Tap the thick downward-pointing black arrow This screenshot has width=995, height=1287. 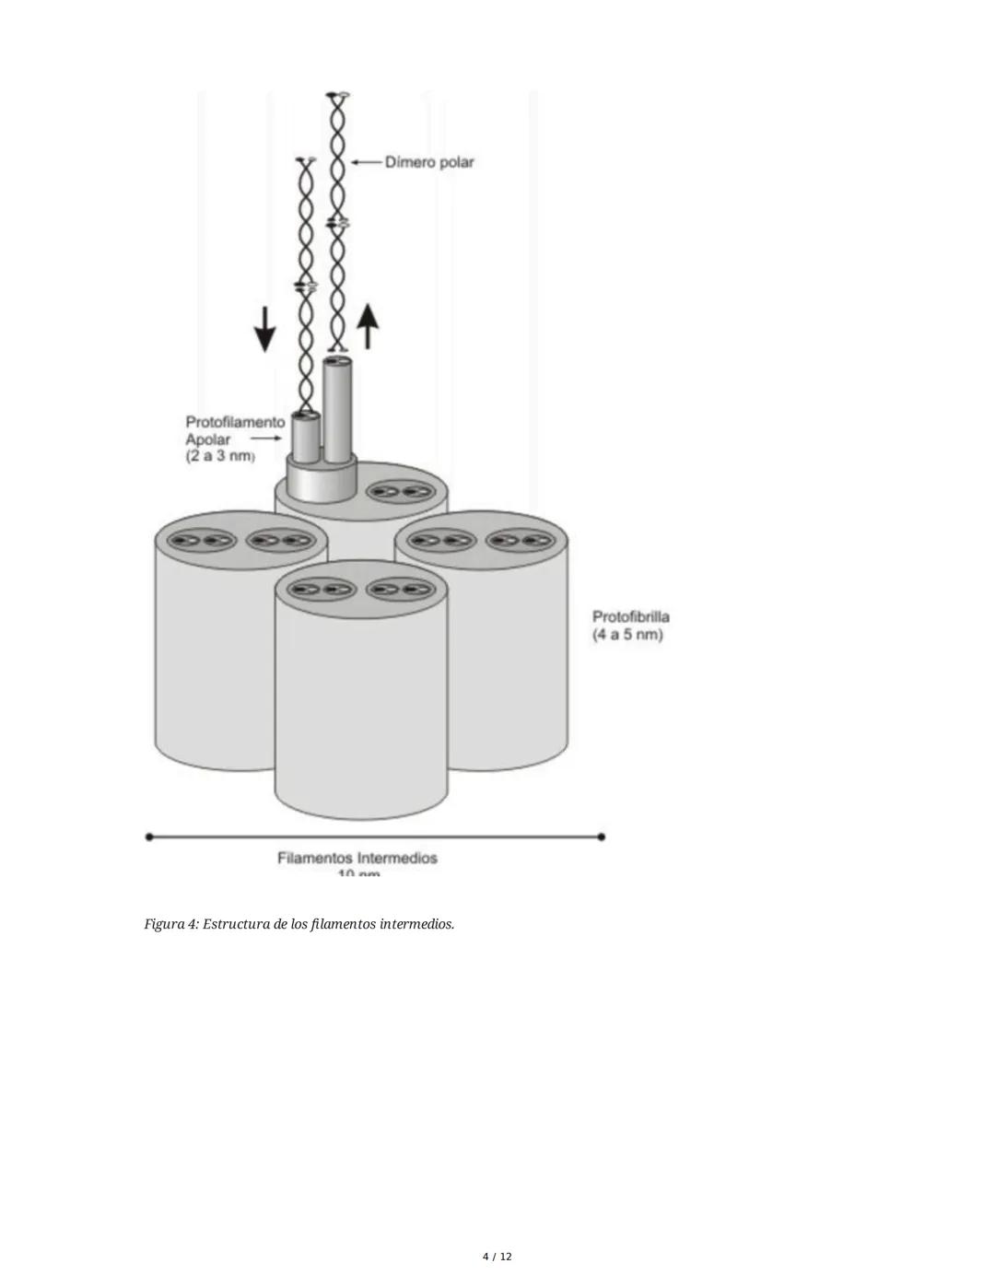[264, 329]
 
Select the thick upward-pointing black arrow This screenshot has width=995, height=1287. [368, 326]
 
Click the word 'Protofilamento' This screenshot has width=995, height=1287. [235, 422]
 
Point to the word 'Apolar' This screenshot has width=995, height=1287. [208, 439]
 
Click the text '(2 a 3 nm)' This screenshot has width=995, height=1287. [220, 457]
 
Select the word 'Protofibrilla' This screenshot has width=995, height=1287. [630, 616]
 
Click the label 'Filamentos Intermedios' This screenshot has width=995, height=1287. [357, 858]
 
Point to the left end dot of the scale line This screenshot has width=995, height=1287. [149, 837]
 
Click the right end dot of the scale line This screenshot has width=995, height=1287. [602, 837]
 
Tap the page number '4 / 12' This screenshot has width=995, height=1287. [497, 1257]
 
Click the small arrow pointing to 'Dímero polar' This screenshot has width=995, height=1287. [367, 162]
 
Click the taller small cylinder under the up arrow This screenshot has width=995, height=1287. [338, 410]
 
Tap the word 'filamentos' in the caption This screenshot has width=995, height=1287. [343, 924]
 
